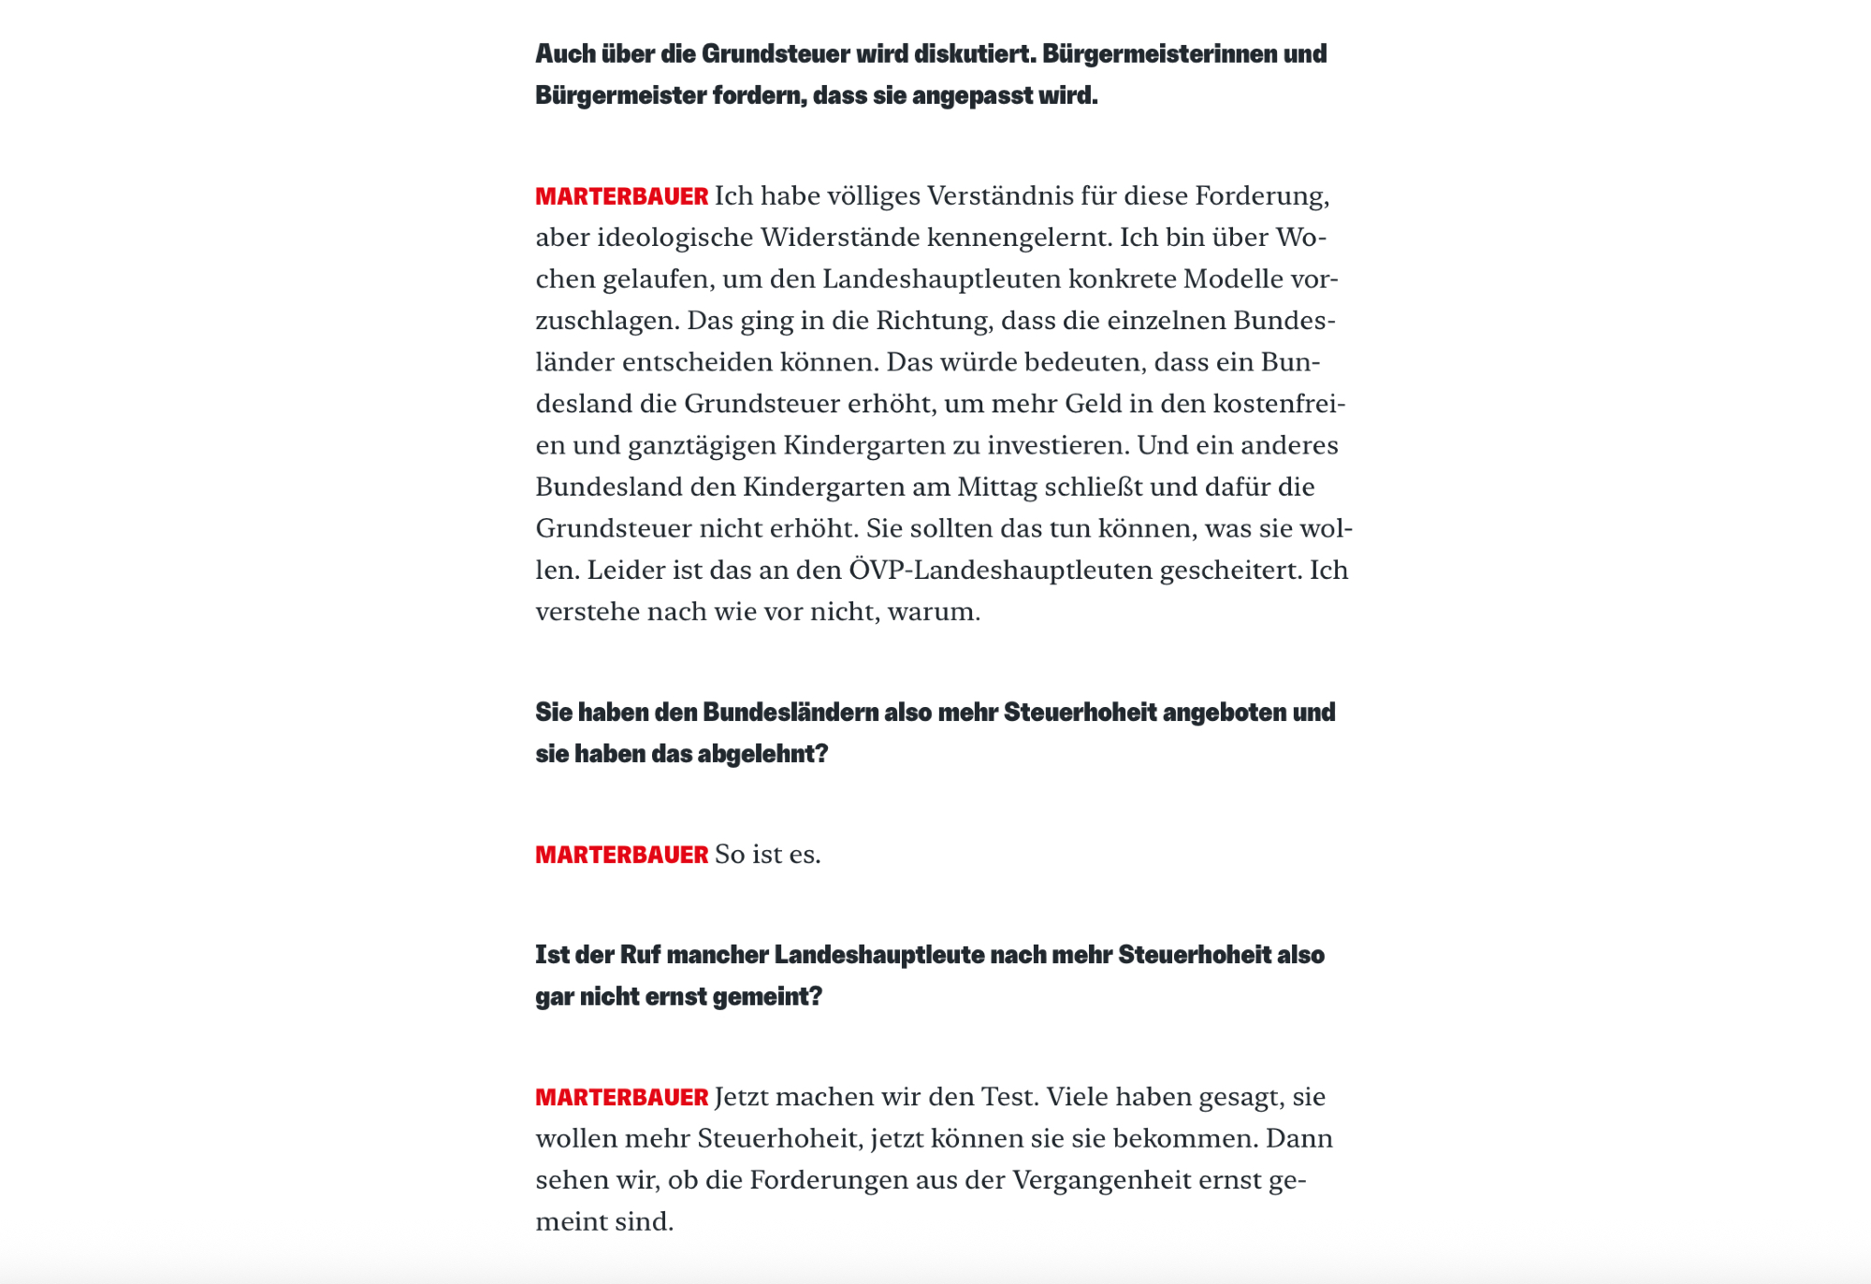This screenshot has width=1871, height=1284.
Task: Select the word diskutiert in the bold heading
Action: (975, 54)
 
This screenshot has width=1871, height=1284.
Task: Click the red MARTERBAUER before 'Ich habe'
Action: (621, 196)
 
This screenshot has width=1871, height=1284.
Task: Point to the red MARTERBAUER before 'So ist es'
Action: (621, 855)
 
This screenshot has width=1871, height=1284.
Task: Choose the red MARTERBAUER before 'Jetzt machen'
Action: (621, 1097)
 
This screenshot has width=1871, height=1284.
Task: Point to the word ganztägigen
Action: (702, 445)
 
